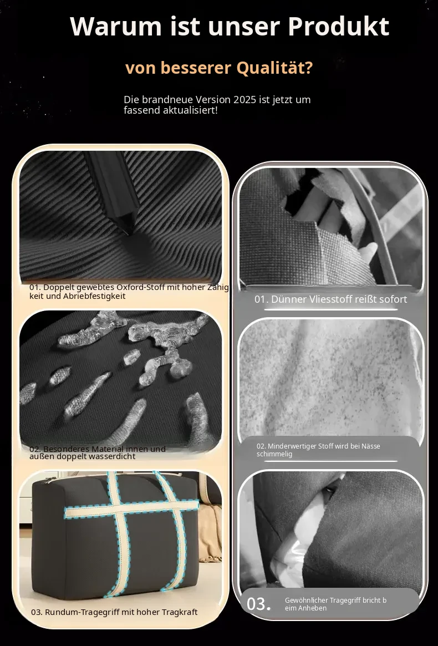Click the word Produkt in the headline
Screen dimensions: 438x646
(x=338, y=27)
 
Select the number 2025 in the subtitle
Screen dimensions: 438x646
(x=245, y=100)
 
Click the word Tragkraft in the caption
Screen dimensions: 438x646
(x=179, y=612)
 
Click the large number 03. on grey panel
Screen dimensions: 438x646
(x=259, y=603)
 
